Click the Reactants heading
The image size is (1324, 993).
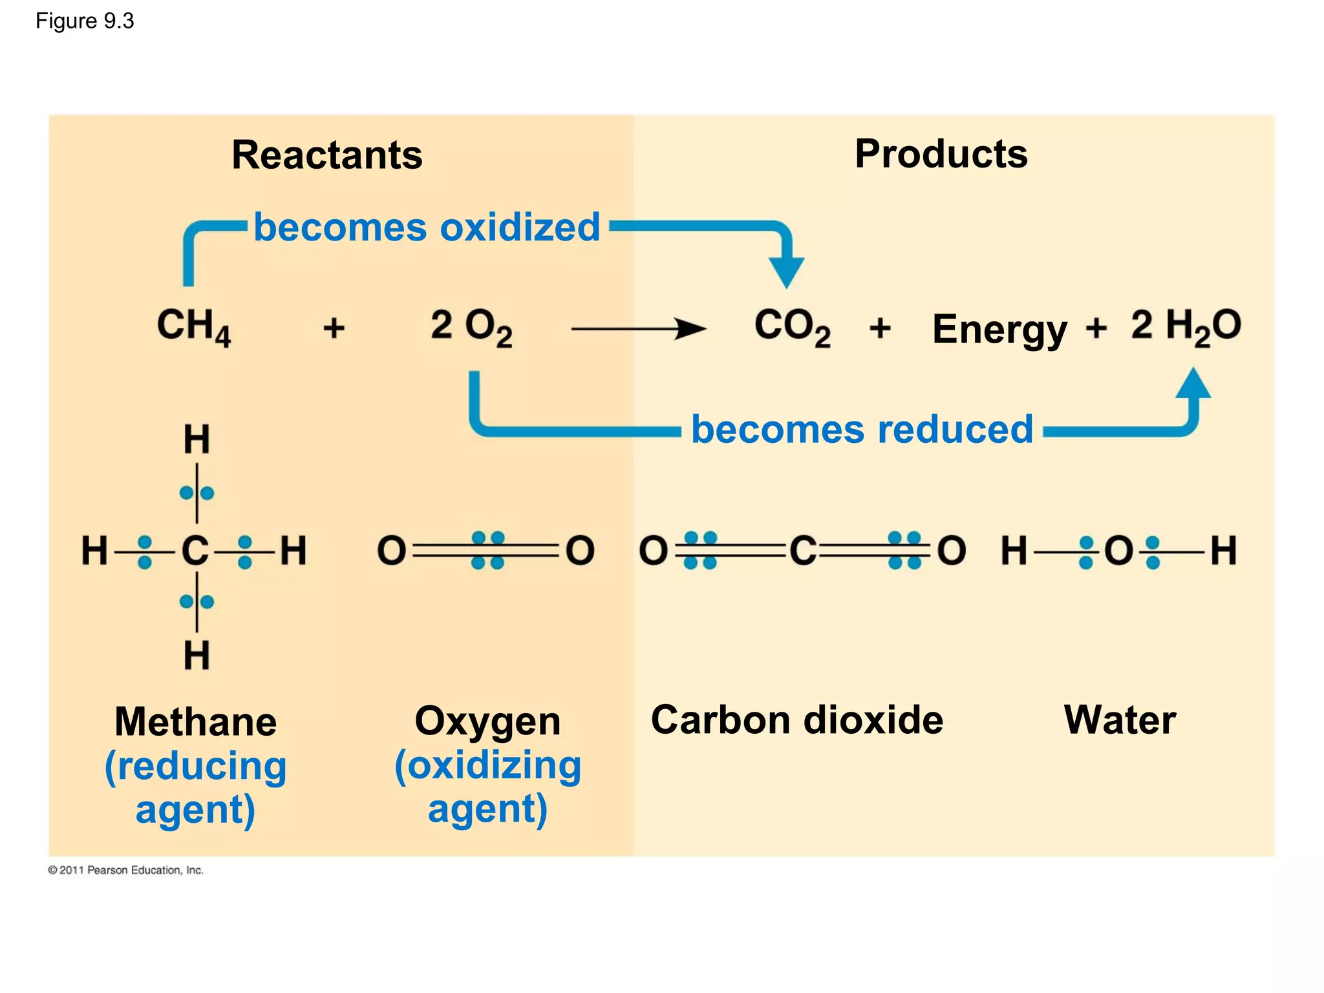[326, 155]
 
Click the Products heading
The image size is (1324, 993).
[941, 154]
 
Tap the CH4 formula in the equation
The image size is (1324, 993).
[193, 326]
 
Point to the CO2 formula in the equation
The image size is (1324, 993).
[792, 326]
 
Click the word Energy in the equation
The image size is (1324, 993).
[999, 330]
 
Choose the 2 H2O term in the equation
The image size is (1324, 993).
[1186, 326]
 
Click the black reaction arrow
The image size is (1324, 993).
[638, 328]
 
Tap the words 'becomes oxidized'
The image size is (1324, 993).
[427, 228]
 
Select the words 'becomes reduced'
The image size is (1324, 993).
[862, 429]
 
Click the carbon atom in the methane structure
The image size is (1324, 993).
[195, 551]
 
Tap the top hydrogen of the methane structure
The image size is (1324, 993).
[197, 440]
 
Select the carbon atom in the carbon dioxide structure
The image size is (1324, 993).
[803, 551]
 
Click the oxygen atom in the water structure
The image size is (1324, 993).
[1118, 551]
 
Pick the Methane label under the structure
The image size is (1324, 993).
[195, 721]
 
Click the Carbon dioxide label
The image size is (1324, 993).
[796, 720]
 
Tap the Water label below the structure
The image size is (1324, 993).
[1120, 720]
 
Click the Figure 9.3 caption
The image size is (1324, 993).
[85, 21]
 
